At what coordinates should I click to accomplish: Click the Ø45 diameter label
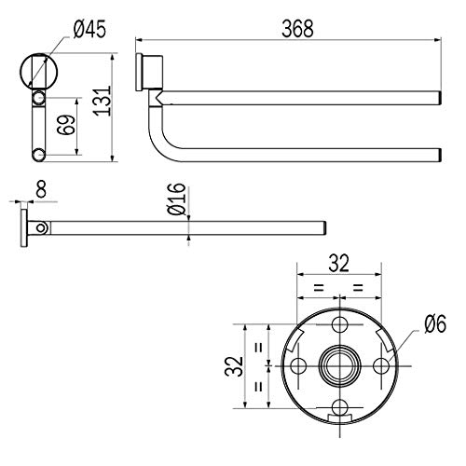[89, 30]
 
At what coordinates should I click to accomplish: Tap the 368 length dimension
[297, 29]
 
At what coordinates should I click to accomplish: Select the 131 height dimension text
[103, 101]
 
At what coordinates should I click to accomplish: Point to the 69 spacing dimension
[66, 125]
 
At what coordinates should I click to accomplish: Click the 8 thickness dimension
[41, 189]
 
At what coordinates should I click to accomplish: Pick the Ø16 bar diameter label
[176, 199]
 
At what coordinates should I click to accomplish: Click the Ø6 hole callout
[435, 324]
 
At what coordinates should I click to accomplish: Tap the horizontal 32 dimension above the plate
[339, 264]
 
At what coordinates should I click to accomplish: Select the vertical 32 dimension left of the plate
[234, 366]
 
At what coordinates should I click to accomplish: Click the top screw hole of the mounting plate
[340, 324]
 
